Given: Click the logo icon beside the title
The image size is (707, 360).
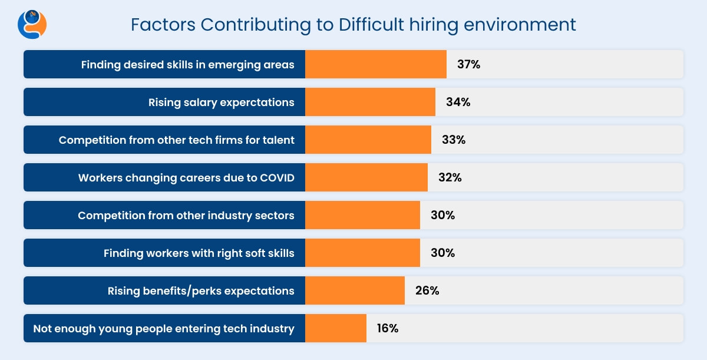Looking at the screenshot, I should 32,25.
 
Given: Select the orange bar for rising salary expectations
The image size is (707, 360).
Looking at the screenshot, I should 370,102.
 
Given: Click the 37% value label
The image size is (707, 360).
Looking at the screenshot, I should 468,64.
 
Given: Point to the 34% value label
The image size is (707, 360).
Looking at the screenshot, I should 458,102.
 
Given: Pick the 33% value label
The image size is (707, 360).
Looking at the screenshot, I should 454,140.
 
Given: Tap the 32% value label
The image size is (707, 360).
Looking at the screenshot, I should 450,177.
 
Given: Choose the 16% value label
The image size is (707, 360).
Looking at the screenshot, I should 388,328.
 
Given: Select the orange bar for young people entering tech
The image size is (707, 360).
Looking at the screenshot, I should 336,328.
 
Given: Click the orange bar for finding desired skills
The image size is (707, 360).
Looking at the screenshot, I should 376,64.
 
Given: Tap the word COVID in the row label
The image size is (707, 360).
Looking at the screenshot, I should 276,177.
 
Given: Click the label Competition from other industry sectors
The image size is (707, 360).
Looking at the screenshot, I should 186,215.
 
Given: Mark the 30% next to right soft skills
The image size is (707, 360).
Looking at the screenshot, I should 442,253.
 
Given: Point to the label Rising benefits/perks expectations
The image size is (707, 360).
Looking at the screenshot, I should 200,290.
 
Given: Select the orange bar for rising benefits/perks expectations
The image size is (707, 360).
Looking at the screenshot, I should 355,290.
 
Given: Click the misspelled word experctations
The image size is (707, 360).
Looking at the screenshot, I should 257,102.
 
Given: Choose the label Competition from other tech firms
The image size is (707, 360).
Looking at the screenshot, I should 176,140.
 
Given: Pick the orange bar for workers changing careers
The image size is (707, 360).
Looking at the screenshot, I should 366,177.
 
